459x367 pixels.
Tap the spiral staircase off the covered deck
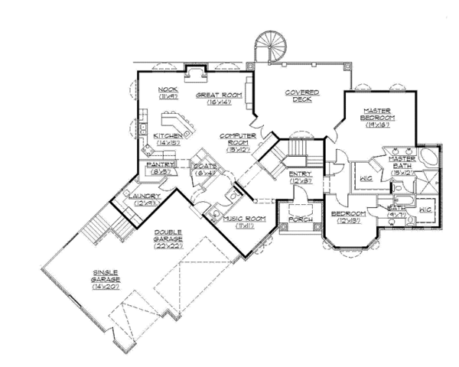click(269, 44)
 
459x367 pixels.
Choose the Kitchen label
click(167, 135)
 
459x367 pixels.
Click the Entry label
click(298, 174)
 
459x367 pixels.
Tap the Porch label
click(298, 220)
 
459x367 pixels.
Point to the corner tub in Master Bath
click(429, 157)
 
